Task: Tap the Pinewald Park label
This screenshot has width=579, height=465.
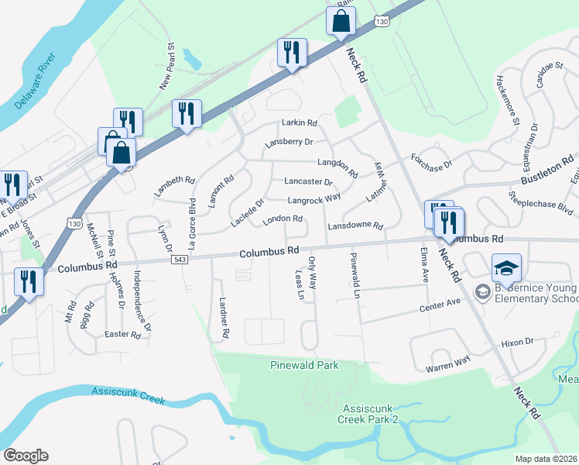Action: [304, 365]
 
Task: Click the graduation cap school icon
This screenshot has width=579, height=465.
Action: [506, 268]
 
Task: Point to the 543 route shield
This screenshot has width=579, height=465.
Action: [179, 259]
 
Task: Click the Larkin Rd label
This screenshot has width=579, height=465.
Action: [300, 123]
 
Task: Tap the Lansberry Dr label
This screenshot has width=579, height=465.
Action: [288, 143]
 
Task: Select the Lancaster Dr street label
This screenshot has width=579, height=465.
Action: [308, 182]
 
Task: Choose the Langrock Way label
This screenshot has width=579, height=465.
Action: [314, 198]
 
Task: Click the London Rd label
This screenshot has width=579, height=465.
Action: [282, 219]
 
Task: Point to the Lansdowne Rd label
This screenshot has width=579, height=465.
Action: [355, 226]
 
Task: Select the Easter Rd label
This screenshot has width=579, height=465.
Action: [122, 335]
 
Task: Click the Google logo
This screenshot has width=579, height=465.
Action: [26, 456]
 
